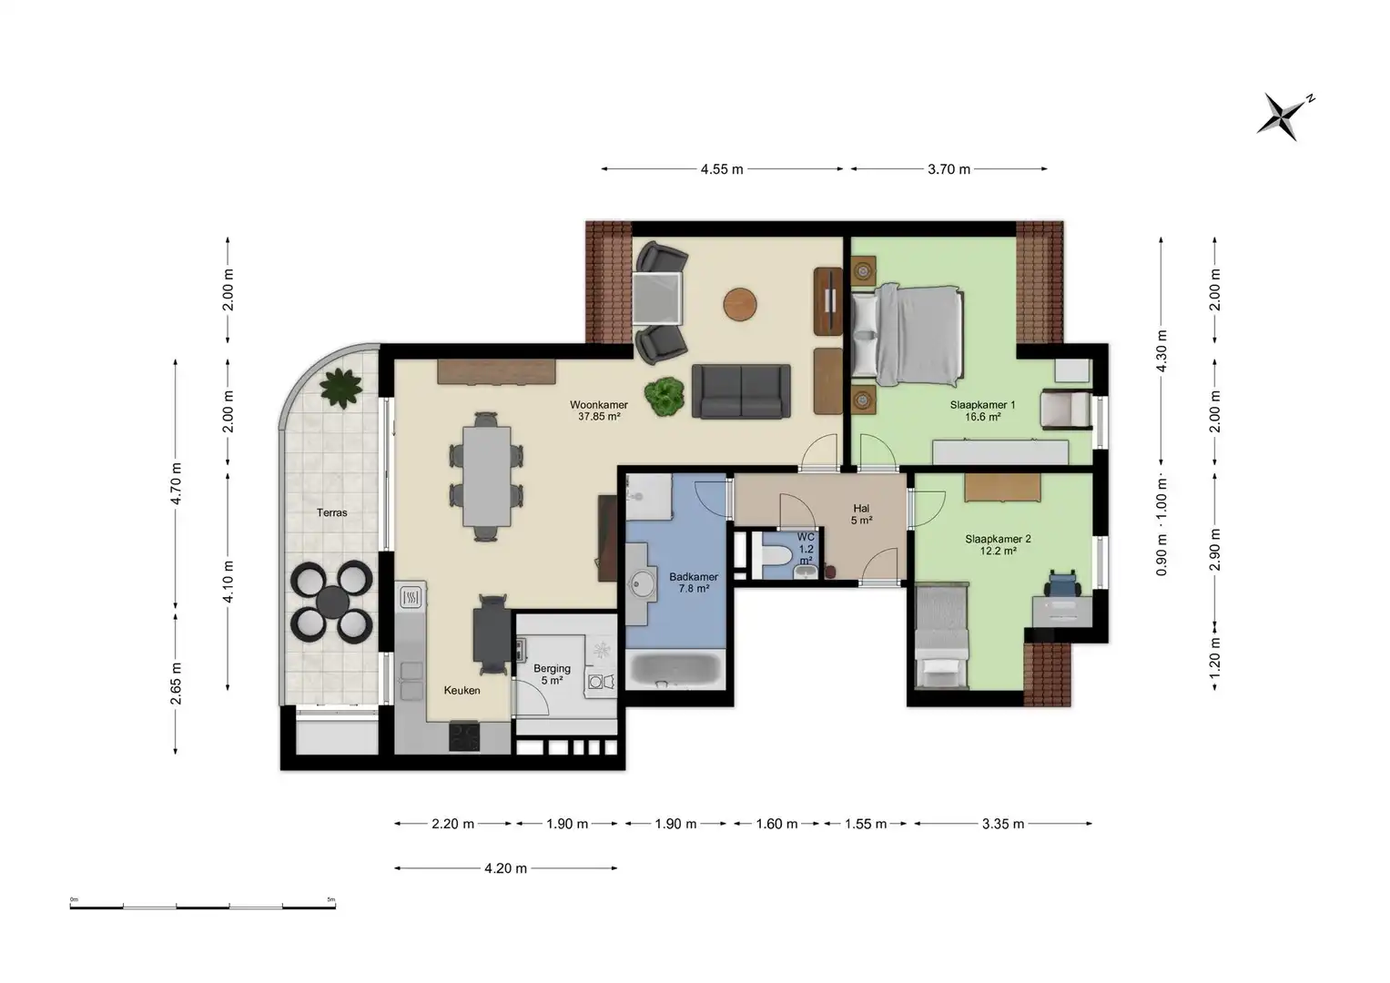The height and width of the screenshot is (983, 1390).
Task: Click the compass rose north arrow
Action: point(1286,117)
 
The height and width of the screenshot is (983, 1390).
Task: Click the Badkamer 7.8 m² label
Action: point(694,583)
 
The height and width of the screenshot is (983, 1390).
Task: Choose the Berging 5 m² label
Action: point(552,674)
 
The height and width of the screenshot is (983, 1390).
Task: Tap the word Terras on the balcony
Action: point(332,512)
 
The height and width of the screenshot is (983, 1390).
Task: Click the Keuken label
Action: point(462,690)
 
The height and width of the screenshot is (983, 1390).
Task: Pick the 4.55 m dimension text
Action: point(722,168)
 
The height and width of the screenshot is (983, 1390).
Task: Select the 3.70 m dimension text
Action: point(949,168)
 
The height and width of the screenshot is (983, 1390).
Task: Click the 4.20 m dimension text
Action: point(506,868)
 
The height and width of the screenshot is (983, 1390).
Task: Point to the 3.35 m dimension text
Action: point(1003,824)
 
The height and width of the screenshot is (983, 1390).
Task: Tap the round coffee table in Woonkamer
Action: point(740,305)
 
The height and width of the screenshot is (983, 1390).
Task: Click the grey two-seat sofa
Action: point(741,391)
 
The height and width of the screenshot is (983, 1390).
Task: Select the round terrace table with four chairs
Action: point(332,601)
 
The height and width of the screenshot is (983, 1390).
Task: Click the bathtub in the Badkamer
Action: point(675,670)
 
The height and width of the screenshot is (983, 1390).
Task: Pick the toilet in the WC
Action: point(776,555)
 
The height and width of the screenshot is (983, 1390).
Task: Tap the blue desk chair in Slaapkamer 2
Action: point(1063,583)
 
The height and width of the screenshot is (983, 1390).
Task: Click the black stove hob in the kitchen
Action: point(464,736)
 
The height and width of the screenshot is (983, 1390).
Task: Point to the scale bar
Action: point(203,907)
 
